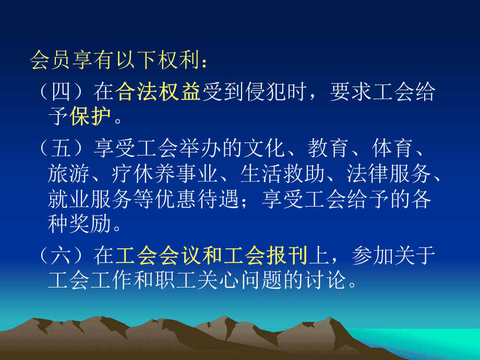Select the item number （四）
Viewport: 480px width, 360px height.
pos(61,91)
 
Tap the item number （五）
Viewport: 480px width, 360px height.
pos(61,148)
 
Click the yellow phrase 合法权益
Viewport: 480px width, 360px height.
pos(158,91)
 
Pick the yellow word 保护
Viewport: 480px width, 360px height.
pos(90,116)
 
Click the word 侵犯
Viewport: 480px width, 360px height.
pos(266,91)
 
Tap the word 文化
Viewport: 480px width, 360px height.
pos(265,148)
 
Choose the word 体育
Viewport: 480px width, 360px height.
pos(393,148)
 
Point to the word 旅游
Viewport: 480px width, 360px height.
pos(69,173)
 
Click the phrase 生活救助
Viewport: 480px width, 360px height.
pos(282,173)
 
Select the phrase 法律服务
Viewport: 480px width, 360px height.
pos(389,173)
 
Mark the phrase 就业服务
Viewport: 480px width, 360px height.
pos(90,199)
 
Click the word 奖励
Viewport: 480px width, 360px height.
pos(90,224)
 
